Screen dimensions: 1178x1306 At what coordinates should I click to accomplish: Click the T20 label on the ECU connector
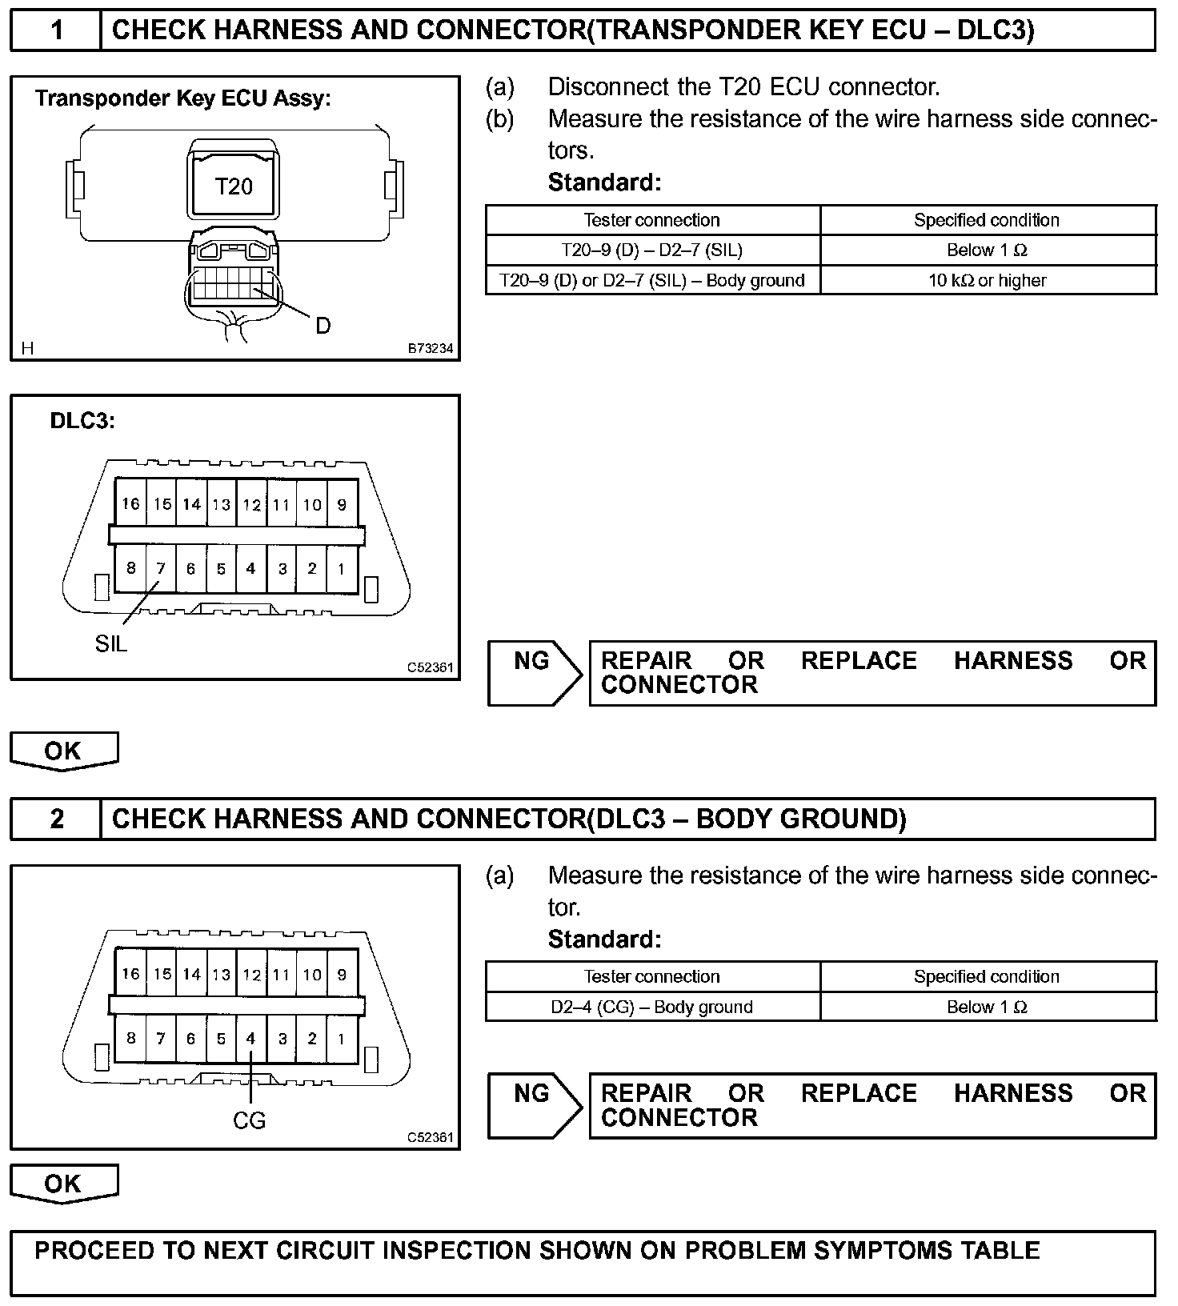(x=234, y=187)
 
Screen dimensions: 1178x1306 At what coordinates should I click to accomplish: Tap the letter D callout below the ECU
(x=323, y=326)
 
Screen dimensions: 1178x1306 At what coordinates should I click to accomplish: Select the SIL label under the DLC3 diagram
(x=111, y=643)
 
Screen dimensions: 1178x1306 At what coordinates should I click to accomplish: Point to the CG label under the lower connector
(x=249, y=1120)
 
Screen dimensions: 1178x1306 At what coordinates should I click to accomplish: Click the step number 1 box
(x=56, y=30)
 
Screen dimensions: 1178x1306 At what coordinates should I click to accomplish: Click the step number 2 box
(x=56, y=819)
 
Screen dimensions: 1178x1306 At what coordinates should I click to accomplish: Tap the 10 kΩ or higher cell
(x=988, y=280)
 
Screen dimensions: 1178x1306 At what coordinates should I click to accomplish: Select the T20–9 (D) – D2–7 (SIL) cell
(x=652, y=250)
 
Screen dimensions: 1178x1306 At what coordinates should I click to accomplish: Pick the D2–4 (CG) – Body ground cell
(x=652, y=1007)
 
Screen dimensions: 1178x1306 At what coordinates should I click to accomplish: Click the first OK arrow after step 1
(x=63, y=751)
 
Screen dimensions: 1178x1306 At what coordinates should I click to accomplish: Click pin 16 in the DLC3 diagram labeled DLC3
(x=130, y=503)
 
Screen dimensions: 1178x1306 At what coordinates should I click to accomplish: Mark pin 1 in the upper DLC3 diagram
(x=342, y=569)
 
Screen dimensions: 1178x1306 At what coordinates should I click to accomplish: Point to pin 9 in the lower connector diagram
(x=342, y=975)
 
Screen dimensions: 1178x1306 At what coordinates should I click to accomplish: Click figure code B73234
(x=431, y=349)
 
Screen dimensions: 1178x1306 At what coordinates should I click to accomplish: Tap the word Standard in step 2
(x=604, y=939)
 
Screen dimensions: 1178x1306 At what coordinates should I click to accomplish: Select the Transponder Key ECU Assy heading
(x=182, y=98)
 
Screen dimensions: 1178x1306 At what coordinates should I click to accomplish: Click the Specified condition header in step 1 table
(x=987, y=220)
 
